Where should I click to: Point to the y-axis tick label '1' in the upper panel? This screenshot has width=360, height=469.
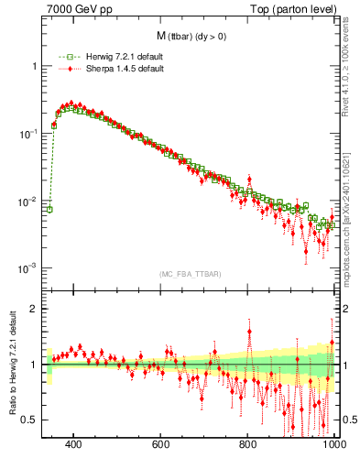(34, 67)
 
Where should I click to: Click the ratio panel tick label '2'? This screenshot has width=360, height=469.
(34, 309)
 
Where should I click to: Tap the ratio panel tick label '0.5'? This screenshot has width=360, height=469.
(30, 420)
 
